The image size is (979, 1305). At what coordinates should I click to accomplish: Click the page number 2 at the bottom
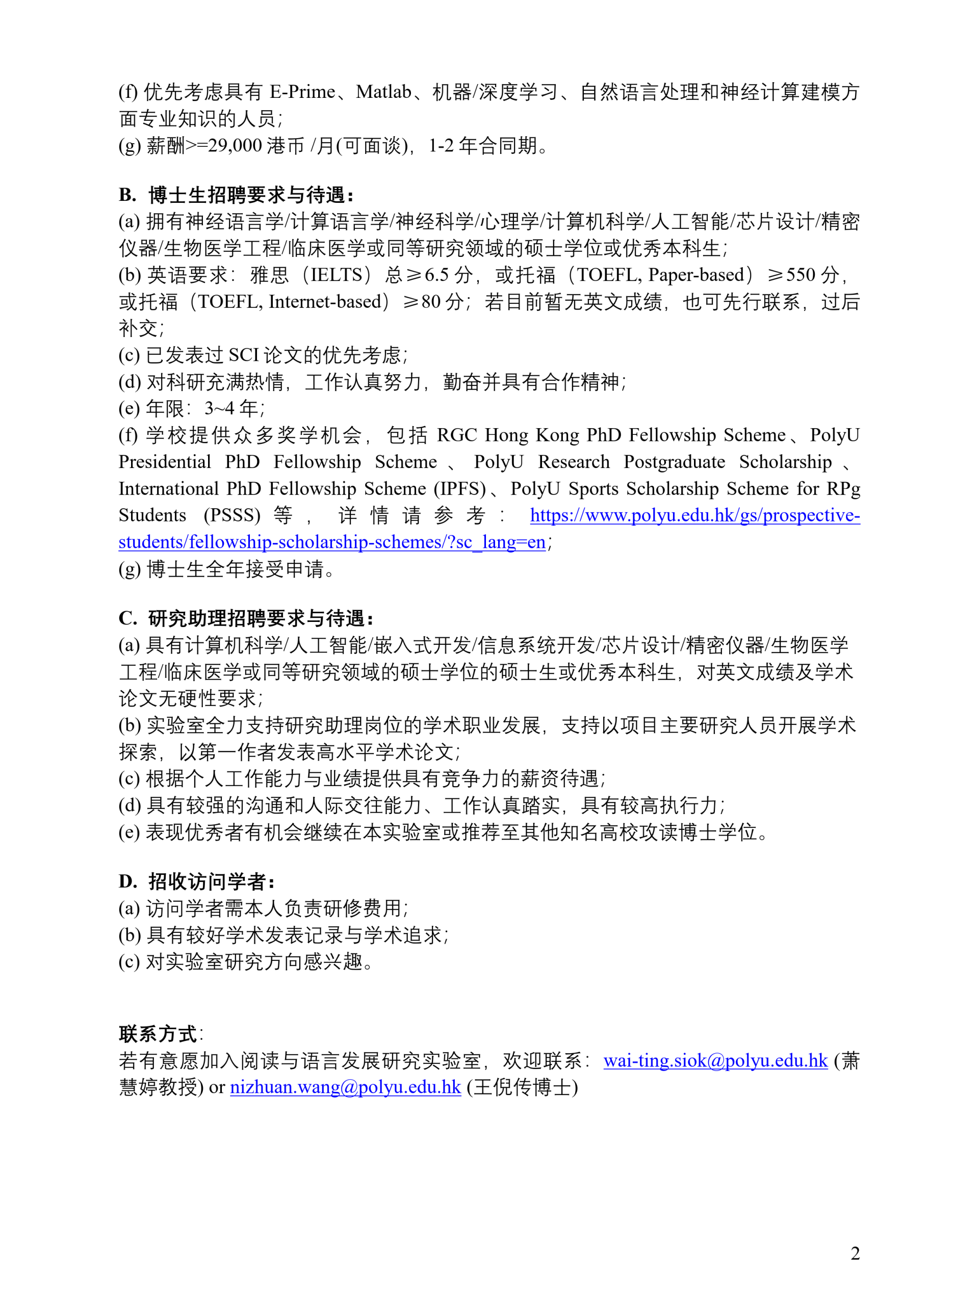tap(855, 1253)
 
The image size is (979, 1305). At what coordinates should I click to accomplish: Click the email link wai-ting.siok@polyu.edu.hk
tap(715, 1061)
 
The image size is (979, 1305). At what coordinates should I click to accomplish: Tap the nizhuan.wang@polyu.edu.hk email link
tap(345, 1087)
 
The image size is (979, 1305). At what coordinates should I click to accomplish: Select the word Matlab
tap(383, 92)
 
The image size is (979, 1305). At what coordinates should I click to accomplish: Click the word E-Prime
tap(302, 92)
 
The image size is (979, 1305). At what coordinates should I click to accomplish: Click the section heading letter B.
tap(127, 195)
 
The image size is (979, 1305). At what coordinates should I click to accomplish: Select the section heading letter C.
tap(127, 618)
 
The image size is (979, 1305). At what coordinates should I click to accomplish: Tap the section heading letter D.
tap(127, 881)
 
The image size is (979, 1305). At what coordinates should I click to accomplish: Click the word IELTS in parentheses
tap(337, 275)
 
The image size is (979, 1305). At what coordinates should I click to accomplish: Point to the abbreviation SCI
tap(243, 355)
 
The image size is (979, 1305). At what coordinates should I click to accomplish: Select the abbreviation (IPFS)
tap(460, 488)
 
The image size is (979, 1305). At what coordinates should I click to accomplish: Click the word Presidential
tap(165, 462)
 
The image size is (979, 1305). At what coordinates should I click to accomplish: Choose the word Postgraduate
tap(674, 462)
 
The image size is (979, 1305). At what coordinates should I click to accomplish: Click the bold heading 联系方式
tap(158, 1034)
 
